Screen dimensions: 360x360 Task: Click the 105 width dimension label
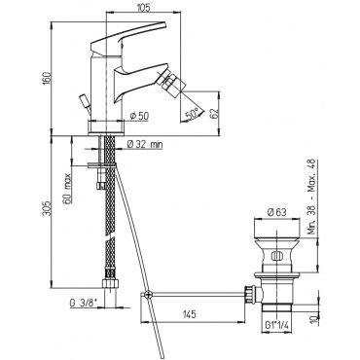[x=144, y=8]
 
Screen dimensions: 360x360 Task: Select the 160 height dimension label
[x=48, y=79]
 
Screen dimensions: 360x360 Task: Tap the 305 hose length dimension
[x=48, y=208]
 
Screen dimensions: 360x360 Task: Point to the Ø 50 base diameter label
[x=139, y=116]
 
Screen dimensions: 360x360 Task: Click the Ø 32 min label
[x=145, y=145]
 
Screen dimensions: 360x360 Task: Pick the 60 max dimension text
[x=67, y=189]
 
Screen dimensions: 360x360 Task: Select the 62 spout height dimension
[x=214, y=113]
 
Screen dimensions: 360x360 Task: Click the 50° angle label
[x=192, y=114]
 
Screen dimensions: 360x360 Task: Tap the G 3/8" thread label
[x=86, y=304]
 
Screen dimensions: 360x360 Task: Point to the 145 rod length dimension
[x=189, y=314]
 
